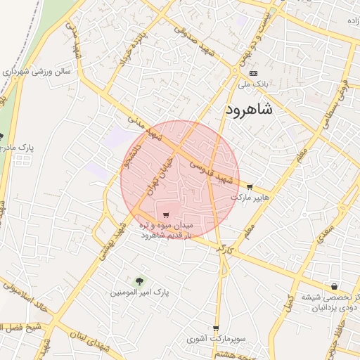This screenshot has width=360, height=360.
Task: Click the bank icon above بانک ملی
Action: point(253,73)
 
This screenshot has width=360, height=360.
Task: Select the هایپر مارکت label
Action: point(255,198)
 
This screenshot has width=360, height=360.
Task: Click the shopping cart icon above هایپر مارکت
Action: point(250,186)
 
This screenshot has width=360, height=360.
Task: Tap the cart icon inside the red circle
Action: point(166,215)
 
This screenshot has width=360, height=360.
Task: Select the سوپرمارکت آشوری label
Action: point(216,339)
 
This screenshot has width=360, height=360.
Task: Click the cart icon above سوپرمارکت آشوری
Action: point(216,328)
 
